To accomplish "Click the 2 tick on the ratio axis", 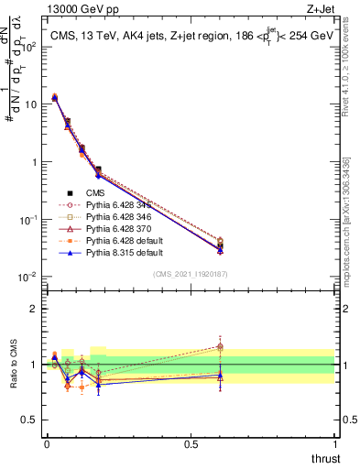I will (34, 308).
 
